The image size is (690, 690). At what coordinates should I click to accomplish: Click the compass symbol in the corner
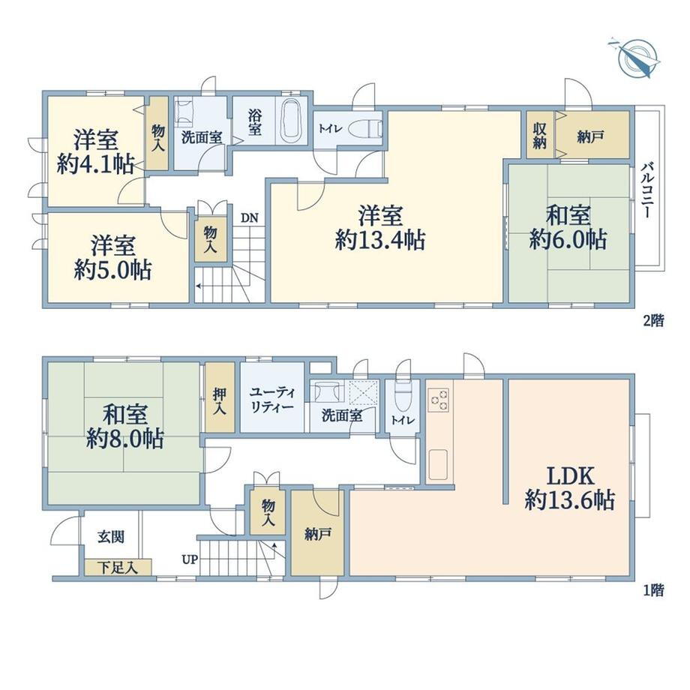click(636, 59)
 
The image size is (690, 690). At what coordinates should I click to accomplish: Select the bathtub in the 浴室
click(290, 120)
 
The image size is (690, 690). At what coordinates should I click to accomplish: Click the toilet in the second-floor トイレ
click(367, 129)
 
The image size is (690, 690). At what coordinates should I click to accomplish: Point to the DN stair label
click(249, 217)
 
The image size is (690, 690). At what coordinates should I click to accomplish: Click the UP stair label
click(190, 559)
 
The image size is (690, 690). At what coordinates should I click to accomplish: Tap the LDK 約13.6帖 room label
click(570, 488)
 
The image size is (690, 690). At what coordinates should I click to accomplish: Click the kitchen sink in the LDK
click(438, 465)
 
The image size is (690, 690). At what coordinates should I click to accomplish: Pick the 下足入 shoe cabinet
click(118, 567)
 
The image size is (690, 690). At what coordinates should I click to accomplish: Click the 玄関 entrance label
click(111, 536)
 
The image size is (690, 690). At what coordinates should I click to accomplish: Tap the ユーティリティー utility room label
click(272, 399)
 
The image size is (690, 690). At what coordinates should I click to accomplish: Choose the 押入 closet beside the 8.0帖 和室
click(220, 397)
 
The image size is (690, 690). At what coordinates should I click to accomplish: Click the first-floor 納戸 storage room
click(317, 533)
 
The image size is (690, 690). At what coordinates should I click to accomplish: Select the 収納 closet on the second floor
click(541, 135)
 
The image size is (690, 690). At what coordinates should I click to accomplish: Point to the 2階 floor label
click(653, 320)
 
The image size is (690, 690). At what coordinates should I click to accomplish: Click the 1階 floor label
click(653, 589)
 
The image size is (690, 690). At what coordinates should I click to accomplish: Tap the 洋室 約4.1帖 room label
click(96, 151)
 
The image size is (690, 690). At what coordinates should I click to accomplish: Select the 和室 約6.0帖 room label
click(568, 227)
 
